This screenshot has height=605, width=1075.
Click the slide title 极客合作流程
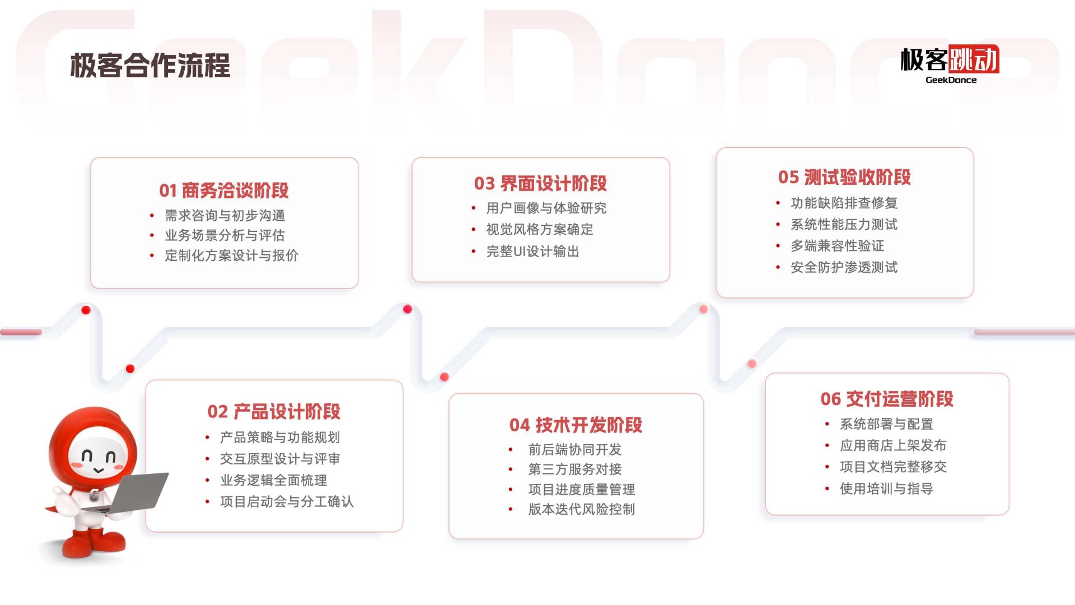150,66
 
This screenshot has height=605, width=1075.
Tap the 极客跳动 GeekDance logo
950,64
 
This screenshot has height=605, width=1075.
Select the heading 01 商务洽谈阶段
224,190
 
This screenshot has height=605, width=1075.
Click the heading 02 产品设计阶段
274,412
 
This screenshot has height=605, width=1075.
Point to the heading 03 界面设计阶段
540,183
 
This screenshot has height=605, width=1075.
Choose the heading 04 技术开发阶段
576,425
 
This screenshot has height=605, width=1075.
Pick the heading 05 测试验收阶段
844,177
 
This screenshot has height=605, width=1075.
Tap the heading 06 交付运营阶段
887,399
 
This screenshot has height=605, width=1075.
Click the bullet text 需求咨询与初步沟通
225,216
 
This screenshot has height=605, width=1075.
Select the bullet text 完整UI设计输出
532,252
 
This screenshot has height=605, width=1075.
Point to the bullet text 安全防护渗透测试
844,267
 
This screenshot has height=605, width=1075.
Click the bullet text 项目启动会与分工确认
287,501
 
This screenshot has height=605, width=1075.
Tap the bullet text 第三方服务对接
575,469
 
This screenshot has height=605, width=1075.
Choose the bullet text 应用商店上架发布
893,445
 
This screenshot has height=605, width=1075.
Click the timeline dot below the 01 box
86,310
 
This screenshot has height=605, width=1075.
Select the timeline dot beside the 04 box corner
444,377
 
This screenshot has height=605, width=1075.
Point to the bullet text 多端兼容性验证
837,245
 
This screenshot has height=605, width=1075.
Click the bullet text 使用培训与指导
886,488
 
